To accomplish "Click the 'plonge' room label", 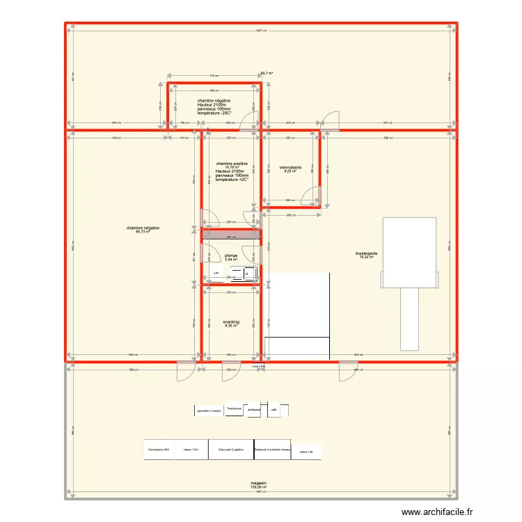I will point(231,255).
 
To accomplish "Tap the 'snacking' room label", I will point(231,322).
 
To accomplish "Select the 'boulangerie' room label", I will point(367,253).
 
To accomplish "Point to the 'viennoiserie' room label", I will point(290,168).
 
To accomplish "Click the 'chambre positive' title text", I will point(232,163).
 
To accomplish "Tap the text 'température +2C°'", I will point(232,180).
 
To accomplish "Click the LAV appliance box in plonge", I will point(216,274).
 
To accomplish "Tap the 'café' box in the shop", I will point(274,410).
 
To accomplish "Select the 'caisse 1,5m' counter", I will point(191,450).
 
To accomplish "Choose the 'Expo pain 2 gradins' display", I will point(230,450).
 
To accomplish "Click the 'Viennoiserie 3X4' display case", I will point(159,450).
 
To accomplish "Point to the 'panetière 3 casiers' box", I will point(209,411).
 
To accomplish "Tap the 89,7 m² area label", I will point(266,73).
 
